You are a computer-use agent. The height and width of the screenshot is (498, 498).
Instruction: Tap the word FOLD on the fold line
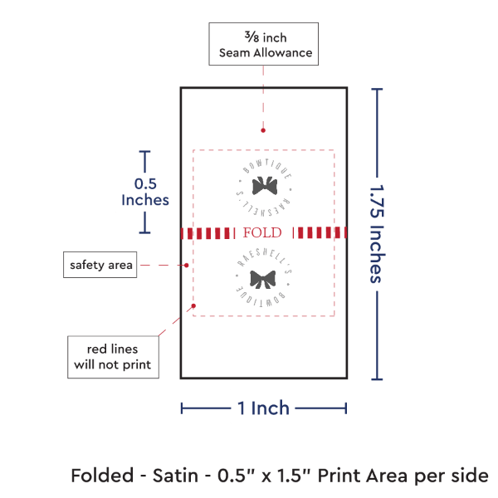[262, 232]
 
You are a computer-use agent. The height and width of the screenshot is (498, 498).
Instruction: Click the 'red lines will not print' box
[113, 355]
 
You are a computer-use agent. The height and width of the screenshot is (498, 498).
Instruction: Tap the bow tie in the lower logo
[263, 278]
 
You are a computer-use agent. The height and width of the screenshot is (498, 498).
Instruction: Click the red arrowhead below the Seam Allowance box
[263, 130]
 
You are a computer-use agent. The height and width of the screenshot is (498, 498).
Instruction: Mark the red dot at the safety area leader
[188, 265]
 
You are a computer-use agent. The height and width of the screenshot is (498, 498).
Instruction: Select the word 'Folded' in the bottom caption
[99, 476]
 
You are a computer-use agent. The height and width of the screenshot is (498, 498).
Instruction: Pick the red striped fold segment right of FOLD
[322, 232]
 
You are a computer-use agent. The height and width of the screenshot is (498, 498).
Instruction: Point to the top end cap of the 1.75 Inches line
[378, 89]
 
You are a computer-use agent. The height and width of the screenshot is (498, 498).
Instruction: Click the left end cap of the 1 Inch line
[182, 408]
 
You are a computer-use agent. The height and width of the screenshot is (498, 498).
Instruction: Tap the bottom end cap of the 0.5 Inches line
[146, 232]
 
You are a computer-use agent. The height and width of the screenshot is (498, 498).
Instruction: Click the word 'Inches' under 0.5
[145, 200]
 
